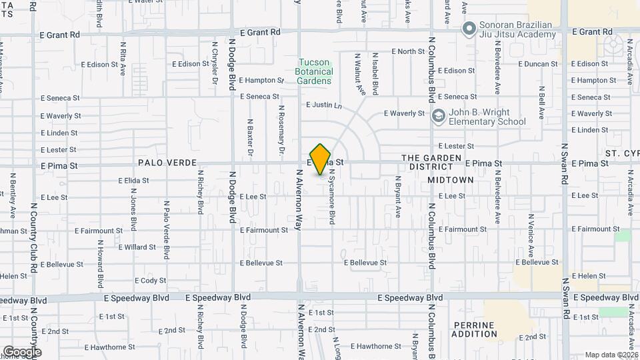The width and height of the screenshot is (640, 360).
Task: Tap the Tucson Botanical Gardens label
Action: (x=314, y=72)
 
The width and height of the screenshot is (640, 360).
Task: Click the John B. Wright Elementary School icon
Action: (x=438, y=117)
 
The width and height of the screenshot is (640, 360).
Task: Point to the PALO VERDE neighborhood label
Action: (x=167, y=163)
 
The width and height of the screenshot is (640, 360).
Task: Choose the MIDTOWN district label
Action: (x=451, y=180)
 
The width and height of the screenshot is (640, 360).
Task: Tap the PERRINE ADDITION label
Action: (x=474, y=329)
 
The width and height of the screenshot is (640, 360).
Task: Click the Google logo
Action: (x=22, y=351)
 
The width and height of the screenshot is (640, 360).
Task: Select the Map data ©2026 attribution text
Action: (x=611, y=355)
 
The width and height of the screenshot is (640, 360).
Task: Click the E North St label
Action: (x=408, y=51)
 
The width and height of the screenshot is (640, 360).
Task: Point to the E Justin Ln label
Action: (x=324, y=105)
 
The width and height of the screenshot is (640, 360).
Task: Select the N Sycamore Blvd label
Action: (x=331, y=196)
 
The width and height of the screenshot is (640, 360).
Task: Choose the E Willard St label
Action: (x=137, y=247)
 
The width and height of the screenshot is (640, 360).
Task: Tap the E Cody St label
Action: (x=150, y=281)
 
